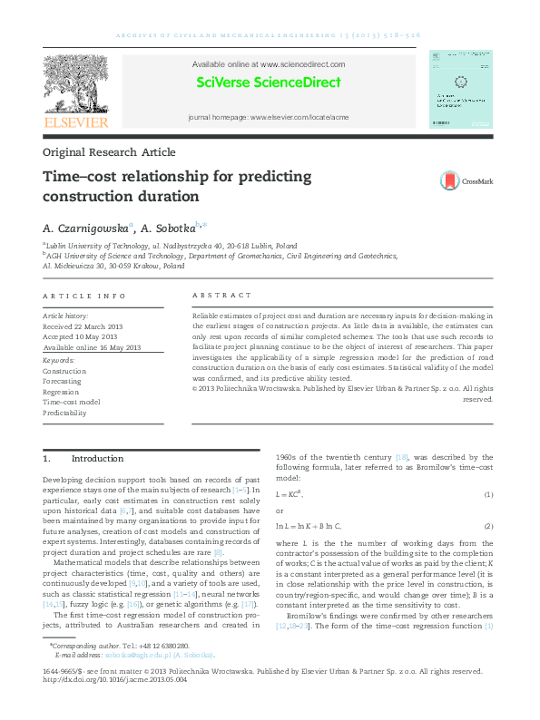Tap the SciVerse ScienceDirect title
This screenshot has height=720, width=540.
269,83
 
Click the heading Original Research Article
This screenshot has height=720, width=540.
109,152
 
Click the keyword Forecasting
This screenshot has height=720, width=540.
63,382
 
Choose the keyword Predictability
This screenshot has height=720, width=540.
64,413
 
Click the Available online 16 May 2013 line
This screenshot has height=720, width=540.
92,347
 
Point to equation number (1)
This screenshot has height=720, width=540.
487,494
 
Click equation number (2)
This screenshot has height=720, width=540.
487,526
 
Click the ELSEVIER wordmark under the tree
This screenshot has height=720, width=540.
77,122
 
